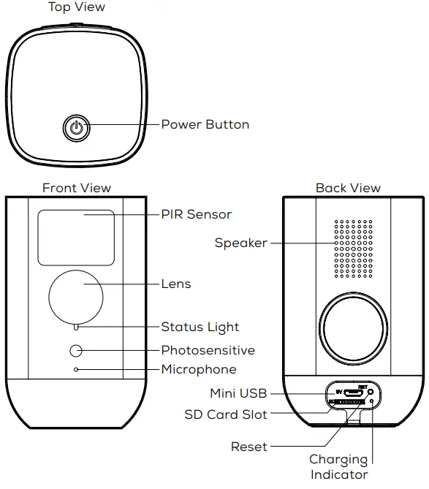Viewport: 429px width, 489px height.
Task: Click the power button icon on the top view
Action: tap(75, 129)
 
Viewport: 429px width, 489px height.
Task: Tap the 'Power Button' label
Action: tap(205, 124)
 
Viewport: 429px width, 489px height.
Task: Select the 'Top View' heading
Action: tap(77, 7)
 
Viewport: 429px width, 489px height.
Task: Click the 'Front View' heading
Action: tap(77, 188)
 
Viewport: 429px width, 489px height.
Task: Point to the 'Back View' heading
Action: tap(348, 188)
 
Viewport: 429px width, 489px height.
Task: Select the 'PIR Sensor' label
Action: tap(196, 214)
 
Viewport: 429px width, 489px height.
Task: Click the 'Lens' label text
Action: tap(176, 284)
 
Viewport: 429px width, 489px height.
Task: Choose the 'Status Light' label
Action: tap(200, 327)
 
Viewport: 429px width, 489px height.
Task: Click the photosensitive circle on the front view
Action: tap(76, 350)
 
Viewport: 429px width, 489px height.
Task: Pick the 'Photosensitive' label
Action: tap(208, 350)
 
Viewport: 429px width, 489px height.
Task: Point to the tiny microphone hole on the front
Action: tap(76, 370)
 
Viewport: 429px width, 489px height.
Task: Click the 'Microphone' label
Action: tap(199, 369)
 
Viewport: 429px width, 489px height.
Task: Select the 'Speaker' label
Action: tap(240, 243)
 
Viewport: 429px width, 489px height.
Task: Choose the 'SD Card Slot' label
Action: tap(226, 414)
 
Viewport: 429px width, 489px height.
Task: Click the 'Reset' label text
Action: tap(249, 446)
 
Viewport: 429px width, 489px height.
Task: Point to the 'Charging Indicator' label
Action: tap(338, 467)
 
